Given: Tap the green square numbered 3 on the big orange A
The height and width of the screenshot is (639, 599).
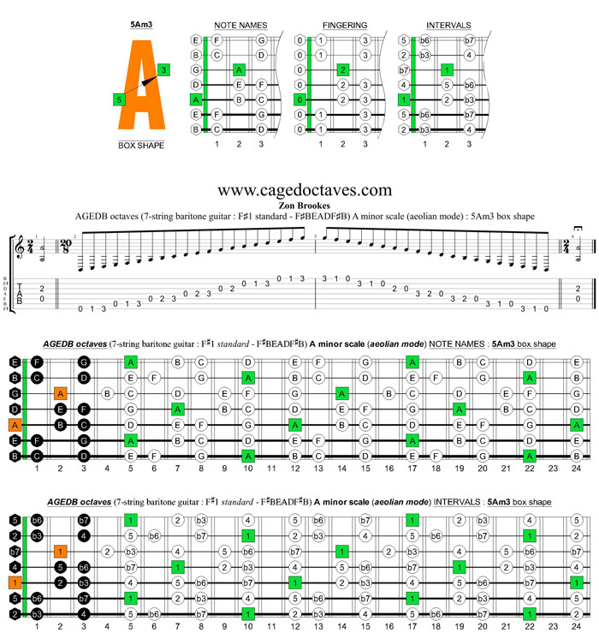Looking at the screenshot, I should [x=163, y=69].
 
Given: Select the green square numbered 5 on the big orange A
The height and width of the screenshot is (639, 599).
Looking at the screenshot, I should [x=119, y=100].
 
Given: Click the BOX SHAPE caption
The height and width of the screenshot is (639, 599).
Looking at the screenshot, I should [x=141, y=146].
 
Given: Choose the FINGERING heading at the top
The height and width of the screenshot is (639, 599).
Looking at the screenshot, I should [x=345, y=26].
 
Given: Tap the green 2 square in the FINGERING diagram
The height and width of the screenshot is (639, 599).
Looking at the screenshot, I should [x=342, y=69].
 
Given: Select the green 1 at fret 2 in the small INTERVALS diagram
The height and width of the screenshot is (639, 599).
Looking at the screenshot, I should [x=447, y=69].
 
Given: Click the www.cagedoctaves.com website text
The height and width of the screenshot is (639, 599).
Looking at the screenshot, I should [x=305, y=189].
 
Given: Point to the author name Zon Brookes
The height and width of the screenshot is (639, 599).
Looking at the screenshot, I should [x=305, y=206].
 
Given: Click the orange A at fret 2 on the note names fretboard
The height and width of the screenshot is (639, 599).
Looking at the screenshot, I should [x=60, y=394].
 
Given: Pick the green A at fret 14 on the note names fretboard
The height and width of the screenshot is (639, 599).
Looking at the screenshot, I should [x=341, y=394].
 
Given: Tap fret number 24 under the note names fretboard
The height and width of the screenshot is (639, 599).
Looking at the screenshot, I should [x=576, y=469].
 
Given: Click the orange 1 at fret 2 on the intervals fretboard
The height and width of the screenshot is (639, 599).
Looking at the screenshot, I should [x=60, y=551].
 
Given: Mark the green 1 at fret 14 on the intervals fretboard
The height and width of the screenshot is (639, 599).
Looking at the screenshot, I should [x=341, y=551].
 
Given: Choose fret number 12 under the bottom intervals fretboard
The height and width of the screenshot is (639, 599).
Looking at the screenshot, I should [x=294, y=626].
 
